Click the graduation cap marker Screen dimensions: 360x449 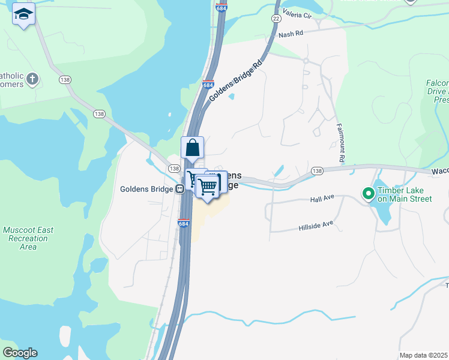[x=23, y=14]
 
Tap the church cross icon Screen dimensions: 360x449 [x=32, y=78]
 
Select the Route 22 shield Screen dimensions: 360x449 [x=276, y=19]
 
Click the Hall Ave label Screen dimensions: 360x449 [x=321, y=199]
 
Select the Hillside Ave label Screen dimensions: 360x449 [x=316, y=226]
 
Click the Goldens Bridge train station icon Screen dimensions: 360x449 [x=179, y=189]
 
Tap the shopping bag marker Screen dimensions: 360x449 [x=192, y=148]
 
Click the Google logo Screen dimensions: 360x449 [x=20, y=353]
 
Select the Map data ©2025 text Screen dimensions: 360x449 [x=423, y=355]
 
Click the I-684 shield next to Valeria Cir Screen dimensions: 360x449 [x=221, y=8]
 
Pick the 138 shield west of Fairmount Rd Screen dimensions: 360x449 [x=317, y=171]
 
